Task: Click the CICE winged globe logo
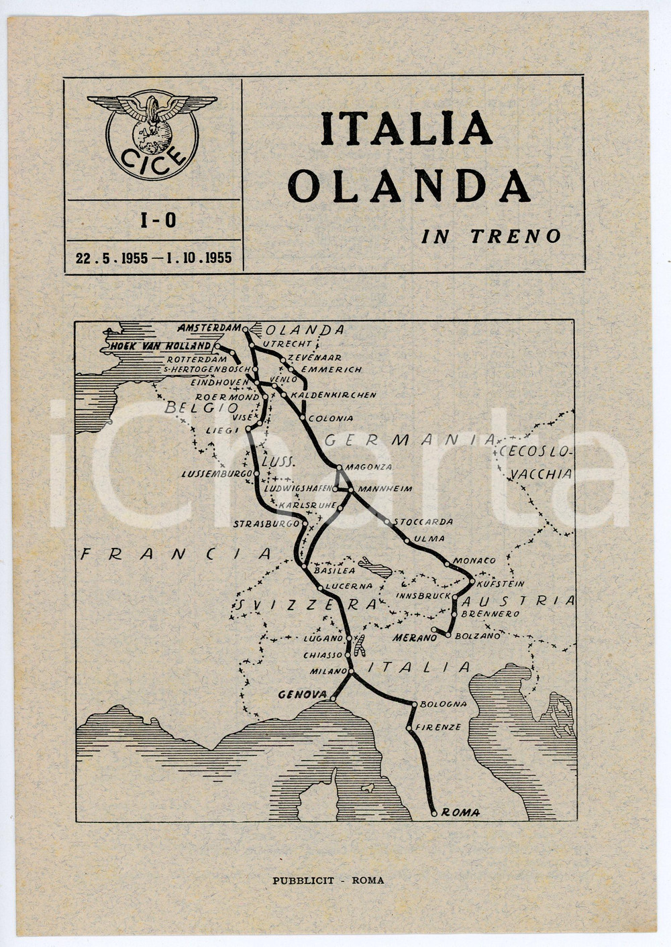152,135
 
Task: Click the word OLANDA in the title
409,186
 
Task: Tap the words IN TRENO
491,236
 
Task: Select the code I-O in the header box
158,220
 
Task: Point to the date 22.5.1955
111,258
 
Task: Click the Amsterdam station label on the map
209,328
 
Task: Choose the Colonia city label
331,418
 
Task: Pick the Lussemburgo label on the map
216,474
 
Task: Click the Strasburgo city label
266,523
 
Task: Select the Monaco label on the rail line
474,560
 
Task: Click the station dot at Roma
434,813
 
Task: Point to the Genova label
302,695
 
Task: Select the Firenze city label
438,727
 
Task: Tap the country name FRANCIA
176,554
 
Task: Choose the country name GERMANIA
410,440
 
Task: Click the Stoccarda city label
423,521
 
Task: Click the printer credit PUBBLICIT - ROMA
328,881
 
